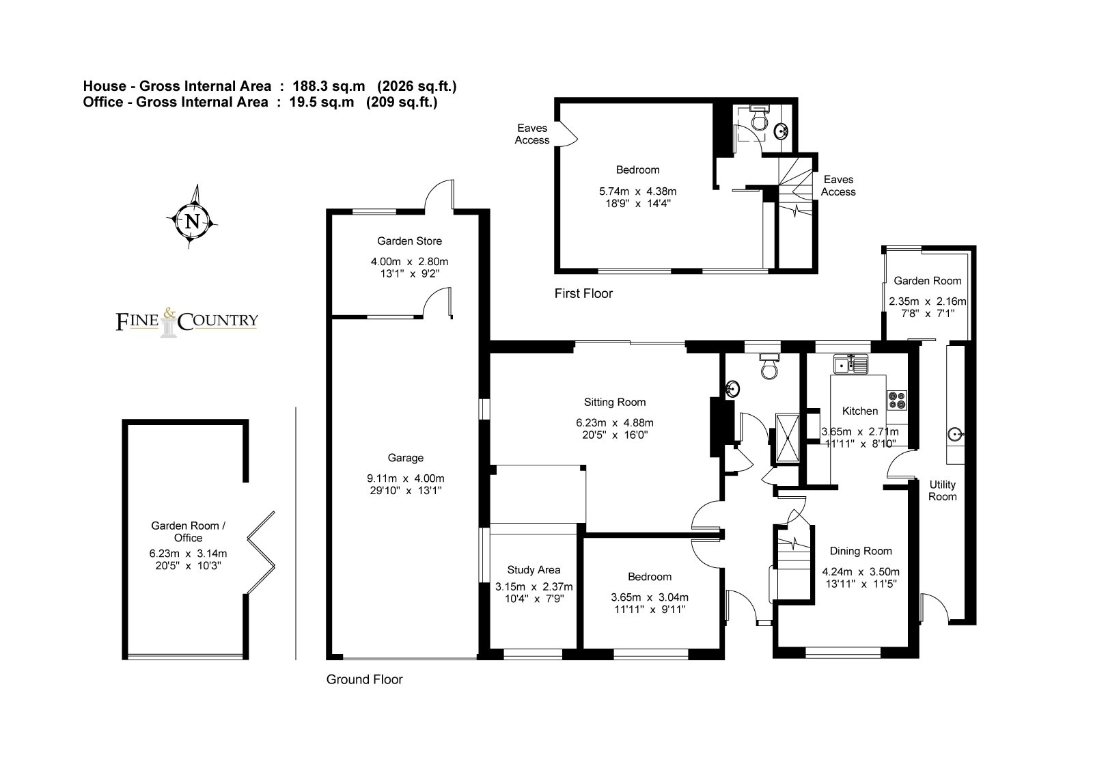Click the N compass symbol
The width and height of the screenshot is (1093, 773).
click(x=192, y=221)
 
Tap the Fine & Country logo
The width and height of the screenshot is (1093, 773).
click(x=187, y=322)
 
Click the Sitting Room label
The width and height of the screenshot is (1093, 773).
click(x=615, y=403)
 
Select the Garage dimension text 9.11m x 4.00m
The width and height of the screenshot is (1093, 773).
click(x=406, y=478)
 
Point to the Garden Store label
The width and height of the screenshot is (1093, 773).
click(x=409, y=241)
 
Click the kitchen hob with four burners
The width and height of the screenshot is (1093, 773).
click(x=897, y=401)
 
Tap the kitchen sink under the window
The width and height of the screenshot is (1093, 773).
click(x=851, y=364)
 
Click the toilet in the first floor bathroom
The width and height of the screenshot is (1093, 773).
click(x=759, y=117)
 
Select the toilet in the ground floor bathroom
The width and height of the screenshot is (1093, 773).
click(x=769, y=367)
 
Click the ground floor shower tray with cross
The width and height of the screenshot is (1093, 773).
click(x=787, y=438)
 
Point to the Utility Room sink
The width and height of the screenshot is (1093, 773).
click(x=955, y=434)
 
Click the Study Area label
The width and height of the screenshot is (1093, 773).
click(x=534, y=570)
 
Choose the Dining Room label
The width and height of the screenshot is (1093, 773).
click(x=861, y=552)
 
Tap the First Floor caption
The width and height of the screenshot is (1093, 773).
click(x=583, y=293)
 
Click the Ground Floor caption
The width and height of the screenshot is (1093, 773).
click(x=365, y=680)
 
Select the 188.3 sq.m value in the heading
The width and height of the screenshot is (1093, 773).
click(x=329, y=86)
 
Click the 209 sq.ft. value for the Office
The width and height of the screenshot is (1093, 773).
click(x=402, y=102)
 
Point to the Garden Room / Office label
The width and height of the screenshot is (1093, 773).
click(x=189, y=532)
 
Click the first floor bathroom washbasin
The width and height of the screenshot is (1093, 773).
click(x=781, y=131)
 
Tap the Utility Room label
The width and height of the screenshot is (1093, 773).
click(x=942, y=491)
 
